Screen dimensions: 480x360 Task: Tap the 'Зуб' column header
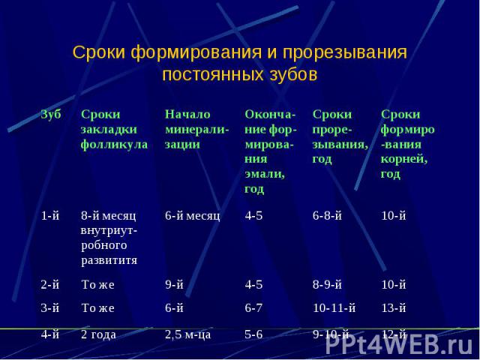click(x=51, y=114)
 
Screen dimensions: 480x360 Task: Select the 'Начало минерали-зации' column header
click(x=196, y=129)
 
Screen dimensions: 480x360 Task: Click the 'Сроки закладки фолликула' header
click(x=114, y=129)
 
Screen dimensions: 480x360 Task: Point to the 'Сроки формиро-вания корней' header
click(x=408, y=144)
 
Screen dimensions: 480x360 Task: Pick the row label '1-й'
click(x=50, y=216)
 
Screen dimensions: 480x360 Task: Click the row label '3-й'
click(x=50, y=308)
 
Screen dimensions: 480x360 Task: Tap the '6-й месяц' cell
click(x=193, y=216)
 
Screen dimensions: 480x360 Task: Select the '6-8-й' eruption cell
click(x=327, y=216)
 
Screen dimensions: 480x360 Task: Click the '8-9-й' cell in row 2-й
click(x=327, y=285)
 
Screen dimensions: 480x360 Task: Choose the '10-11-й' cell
click(x=334, y=308)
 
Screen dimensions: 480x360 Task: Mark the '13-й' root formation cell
click(x=394, y=308)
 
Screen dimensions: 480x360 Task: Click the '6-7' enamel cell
click(x=253, y=308)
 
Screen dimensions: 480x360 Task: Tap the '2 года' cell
click(x=98, y=334)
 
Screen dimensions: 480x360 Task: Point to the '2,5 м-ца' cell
click(x=188, y=334)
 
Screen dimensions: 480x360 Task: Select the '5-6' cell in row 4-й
click(x=253, y=334)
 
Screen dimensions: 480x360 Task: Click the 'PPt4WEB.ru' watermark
click(x=399, y=346)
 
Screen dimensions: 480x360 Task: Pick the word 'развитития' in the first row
click(x=109, y=260)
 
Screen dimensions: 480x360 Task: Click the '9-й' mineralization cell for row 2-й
click(x=174, y=285)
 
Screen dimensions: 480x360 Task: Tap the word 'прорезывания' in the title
click(x=345, y=52)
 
